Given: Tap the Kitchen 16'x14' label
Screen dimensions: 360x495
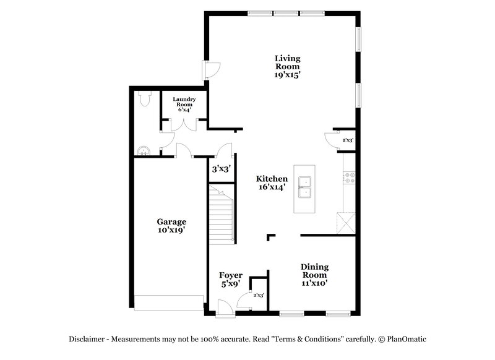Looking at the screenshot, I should click(272, 182).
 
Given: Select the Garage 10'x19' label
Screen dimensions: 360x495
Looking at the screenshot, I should click(171, 225).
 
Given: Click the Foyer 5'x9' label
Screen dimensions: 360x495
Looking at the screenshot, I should click(231, 280).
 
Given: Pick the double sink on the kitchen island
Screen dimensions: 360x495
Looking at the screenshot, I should click(304, 187).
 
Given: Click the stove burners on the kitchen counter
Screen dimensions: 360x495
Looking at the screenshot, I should click(350, 178).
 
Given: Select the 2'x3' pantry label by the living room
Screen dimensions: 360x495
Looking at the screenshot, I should click(348, 141).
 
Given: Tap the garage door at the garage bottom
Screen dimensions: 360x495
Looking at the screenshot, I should click(169, 302).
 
